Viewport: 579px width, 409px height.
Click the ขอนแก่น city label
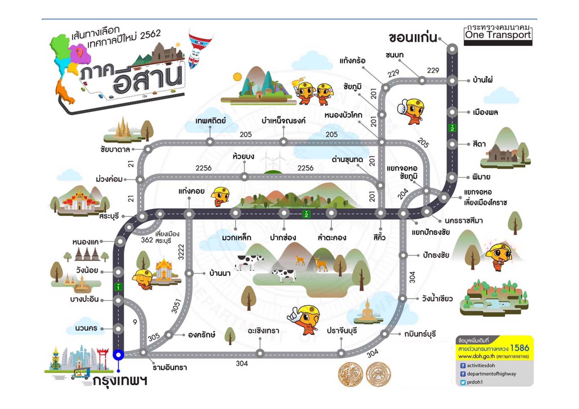point(413,38)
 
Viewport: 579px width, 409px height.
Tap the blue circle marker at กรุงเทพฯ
point(118,355)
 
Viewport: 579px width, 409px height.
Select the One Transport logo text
point(498,35)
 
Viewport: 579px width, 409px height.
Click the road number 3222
point(181,252)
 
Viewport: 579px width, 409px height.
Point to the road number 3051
point(176,306)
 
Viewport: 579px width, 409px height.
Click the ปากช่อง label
point(283,237)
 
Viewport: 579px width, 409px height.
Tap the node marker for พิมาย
point(452,177)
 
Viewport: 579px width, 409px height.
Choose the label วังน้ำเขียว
point(437,299)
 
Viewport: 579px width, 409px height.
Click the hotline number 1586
point(520,348)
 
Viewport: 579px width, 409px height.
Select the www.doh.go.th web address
point(477,356)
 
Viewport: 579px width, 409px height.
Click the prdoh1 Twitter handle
point(475,382)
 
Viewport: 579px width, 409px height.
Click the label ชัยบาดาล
point(115,150)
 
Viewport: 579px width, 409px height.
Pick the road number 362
point(147,240)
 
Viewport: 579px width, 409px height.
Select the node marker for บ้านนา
point(189,273)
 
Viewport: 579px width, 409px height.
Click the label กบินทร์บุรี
point(420,334)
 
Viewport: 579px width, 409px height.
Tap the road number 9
point(135,322)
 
